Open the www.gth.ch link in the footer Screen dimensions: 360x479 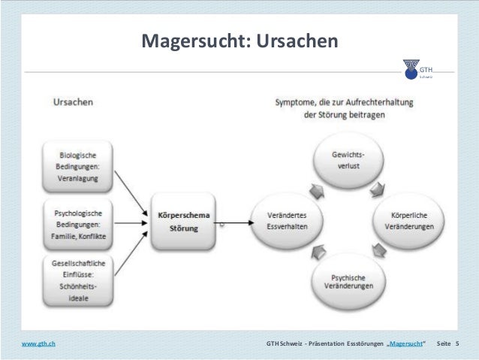tap(38, 344)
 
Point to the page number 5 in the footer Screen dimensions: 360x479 tap(456, 344)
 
